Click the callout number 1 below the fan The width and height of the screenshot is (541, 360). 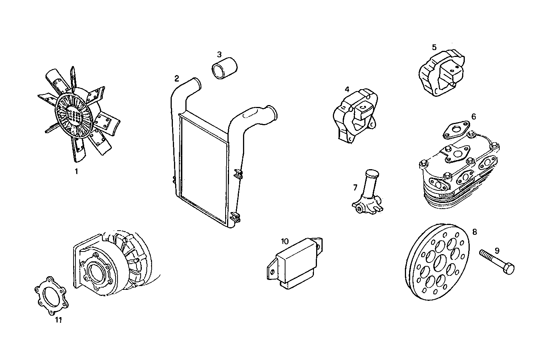tap(76, 171)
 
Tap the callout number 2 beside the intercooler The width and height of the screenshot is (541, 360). tap(177, 79)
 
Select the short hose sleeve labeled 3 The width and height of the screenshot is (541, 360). tap(224, 69)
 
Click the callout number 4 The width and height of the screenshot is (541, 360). tap(347, 90)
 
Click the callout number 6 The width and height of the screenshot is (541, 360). tap(474, 116)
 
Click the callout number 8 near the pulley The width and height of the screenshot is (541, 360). tap(475, 231)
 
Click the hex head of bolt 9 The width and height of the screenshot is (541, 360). tap(509, 268)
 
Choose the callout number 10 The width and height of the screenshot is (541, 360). tap(285, 241)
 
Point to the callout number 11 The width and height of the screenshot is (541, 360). tap(58, 320)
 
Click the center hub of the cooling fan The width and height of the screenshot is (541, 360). tap(74, 114)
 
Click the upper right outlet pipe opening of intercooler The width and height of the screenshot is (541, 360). tap(274, 113)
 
